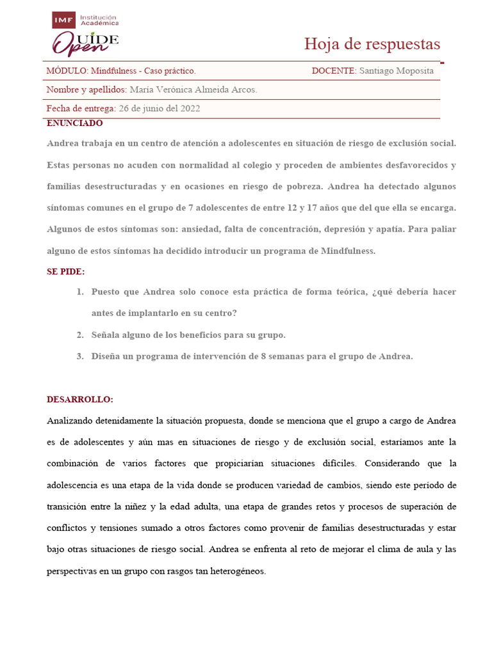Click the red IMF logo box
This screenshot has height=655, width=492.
(63, 20)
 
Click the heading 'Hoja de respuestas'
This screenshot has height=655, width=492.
(372, 44)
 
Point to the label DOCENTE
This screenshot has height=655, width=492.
(333, 71)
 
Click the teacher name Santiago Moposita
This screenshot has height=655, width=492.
(397, 71)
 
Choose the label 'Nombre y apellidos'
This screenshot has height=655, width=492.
(86, 90)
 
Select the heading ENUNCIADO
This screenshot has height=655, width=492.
(74, 123)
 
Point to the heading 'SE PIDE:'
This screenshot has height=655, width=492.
(65, 272)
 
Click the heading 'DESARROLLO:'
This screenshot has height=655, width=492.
(79, 400)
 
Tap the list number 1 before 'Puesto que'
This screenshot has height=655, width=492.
(80, 292)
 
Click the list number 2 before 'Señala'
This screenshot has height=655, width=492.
(80, 335)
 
